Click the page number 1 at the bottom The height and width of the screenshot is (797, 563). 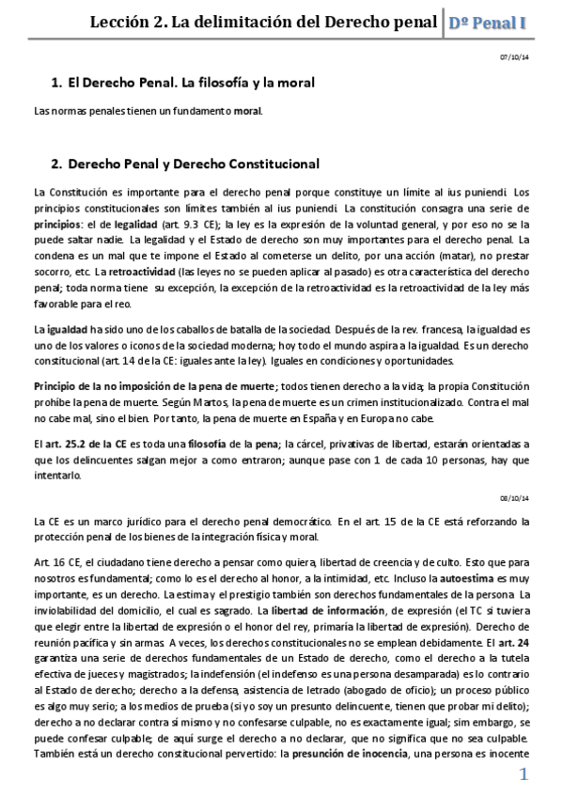pyautogui.click(x=524, y=774)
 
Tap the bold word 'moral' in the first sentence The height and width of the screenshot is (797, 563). pyautogui.click(x=247, y=111)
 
